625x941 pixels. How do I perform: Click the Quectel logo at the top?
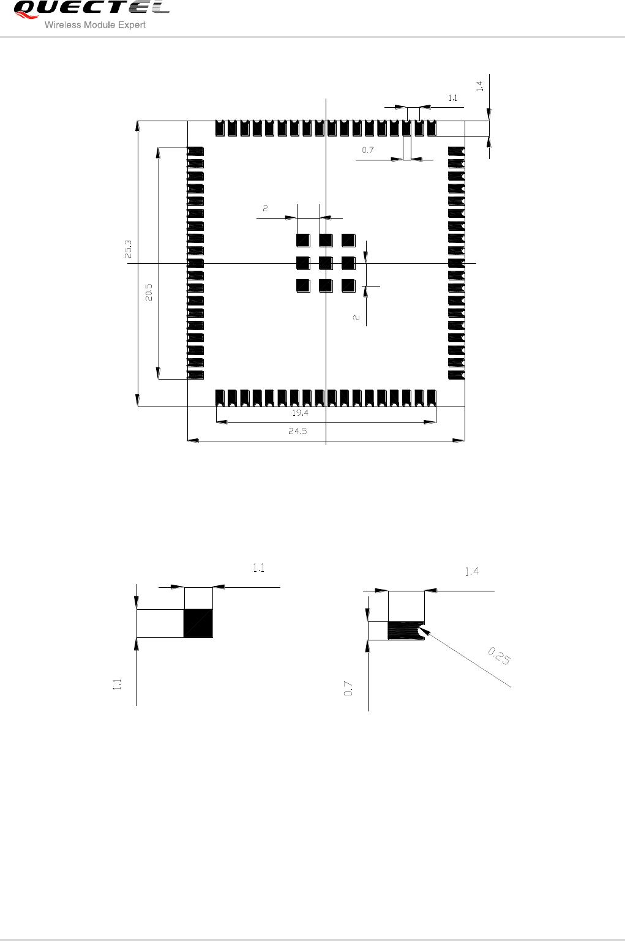point(92,9)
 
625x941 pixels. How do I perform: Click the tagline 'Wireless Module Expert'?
point(95,25)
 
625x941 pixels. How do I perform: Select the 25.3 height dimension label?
point(128,249)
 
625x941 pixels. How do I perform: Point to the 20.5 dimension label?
point(149,293)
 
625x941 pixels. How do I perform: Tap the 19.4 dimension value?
point(301,413)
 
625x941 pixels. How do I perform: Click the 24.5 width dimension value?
point(298,431)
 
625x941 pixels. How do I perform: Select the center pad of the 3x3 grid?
point(326,263)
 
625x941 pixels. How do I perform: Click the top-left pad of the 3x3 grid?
point(303,241)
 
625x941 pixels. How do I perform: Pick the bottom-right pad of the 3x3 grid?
point(349,286)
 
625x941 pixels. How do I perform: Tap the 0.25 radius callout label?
point(499,656)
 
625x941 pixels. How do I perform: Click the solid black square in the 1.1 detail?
point(198,623)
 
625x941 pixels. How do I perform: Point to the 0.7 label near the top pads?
point(368,150)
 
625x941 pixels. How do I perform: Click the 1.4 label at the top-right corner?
point(480,86)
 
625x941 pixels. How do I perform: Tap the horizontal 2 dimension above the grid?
point(265,208)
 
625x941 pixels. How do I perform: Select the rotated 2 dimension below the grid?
point(356,318)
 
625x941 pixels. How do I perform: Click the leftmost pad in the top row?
point(220,128)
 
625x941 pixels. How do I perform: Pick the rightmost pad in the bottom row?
point(432,398)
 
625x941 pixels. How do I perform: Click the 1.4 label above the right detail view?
point(472,571)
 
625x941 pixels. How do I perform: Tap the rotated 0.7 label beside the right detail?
point(348,689)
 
